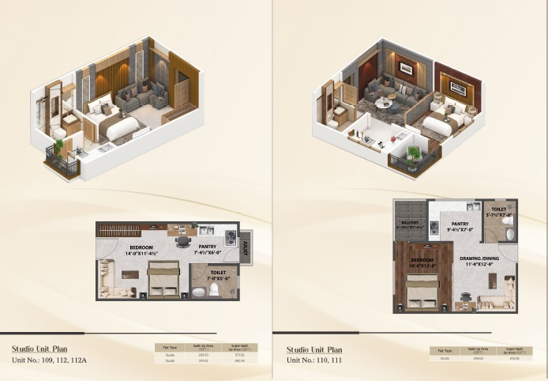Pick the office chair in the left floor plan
coord(183,242)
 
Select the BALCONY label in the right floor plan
coord(411,225)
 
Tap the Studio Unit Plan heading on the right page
coord(314,349)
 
